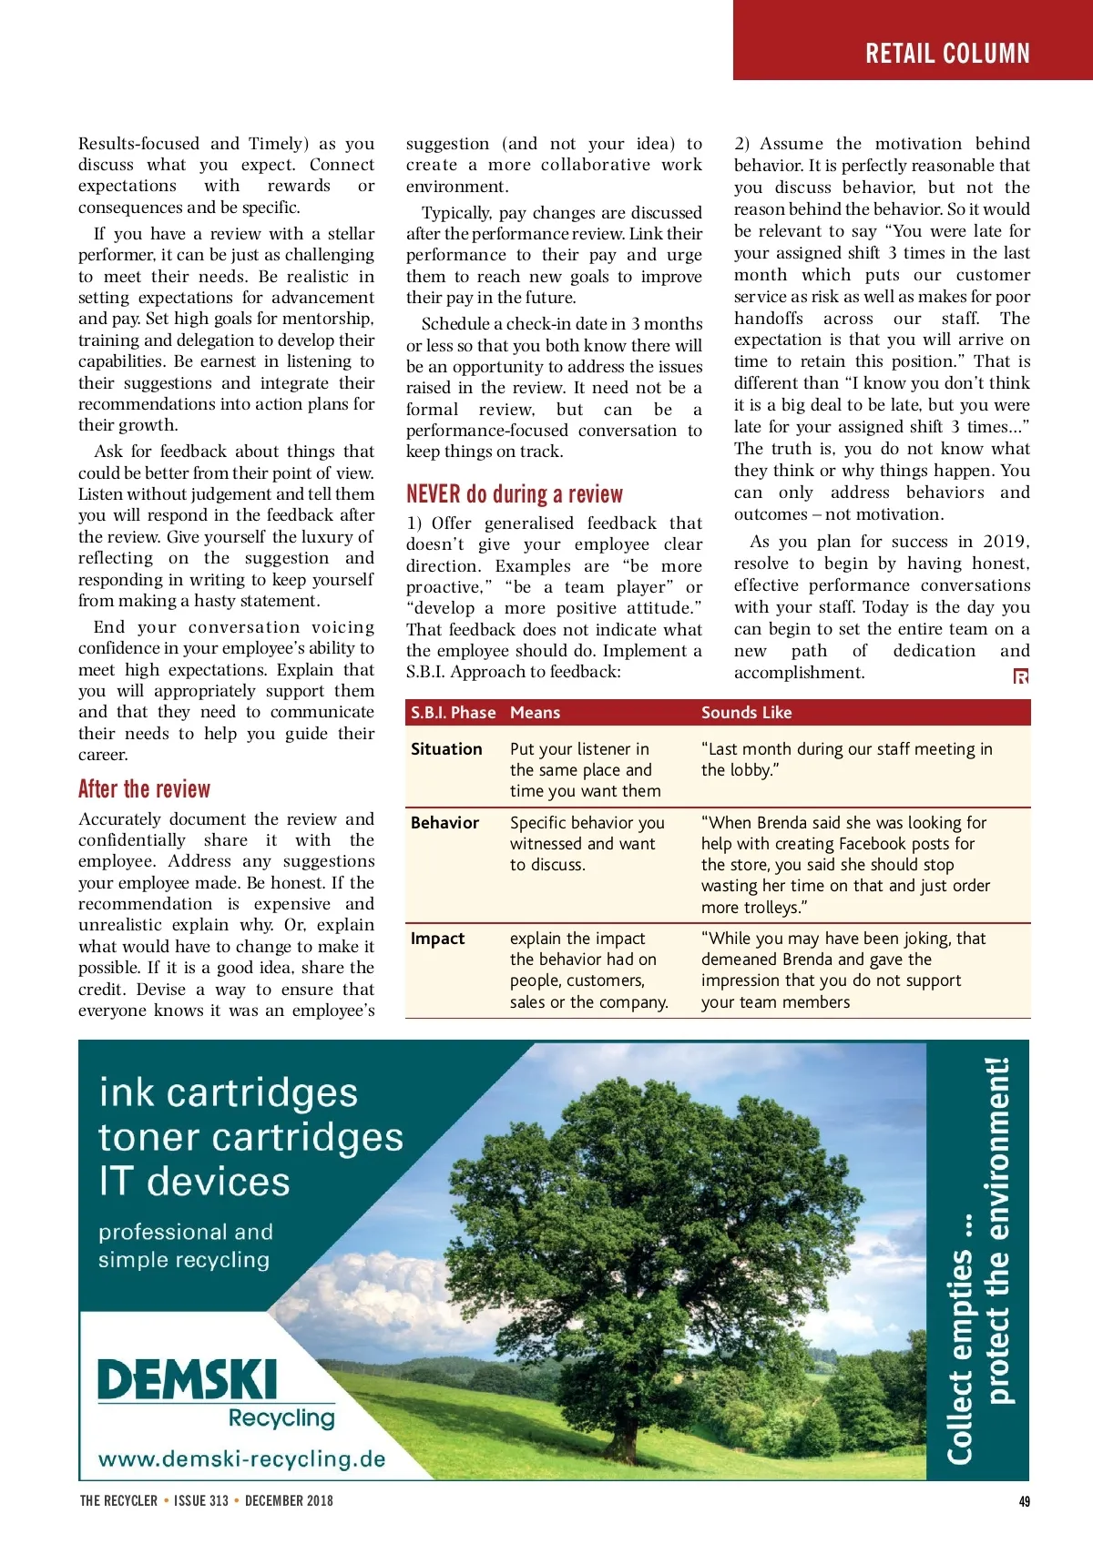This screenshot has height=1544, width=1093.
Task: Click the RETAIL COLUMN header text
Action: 947,54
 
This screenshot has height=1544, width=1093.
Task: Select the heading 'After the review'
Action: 144,788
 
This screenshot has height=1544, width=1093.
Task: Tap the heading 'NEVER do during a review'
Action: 515,494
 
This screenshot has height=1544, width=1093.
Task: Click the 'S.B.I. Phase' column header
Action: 453,713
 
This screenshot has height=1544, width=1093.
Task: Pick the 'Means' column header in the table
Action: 535,713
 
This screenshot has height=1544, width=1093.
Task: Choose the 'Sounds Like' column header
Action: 746,713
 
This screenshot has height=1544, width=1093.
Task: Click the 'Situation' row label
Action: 446,749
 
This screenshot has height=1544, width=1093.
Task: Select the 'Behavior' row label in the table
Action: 444,823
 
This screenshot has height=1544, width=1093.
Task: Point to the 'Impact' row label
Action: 437,939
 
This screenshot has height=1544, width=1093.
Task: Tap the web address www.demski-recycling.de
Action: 241,1459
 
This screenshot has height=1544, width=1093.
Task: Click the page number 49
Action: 1024,1501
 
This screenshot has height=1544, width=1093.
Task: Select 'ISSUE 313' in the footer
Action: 201,1501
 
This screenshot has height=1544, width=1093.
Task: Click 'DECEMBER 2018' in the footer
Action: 289,1501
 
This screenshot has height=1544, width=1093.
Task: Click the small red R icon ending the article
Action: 1021,676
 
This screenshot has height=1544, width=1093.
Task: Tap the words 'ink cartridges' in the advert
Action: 229,1092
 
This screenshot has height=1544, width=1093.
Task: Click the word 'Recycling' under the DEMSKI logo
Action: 281,1418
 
